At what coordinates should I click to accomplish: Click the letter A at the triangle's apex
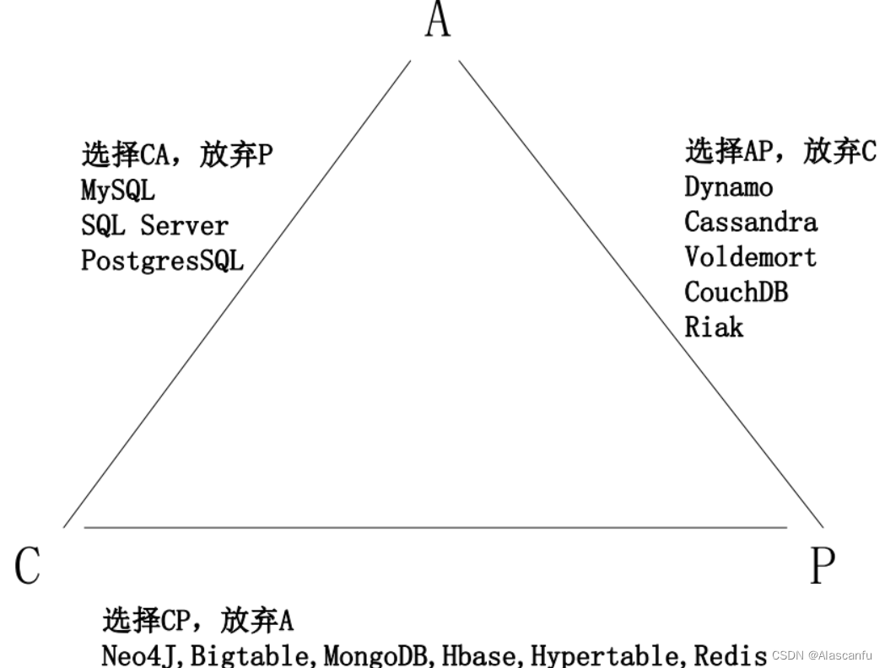[x=438, y=19]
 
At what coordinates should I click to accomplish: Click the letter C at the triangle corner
[x=28, y=565]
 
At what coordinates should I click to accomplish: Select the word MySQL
[x=118, y=191]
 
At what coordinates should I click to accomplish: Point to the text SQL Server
[x=154, y=226]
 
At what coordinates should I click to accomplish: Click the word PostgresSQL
[x=162, y=261]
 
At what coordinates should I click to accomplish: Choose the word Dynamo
[x=728, y=186]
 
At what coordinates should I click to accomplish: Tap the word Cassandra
[x=750, y=222]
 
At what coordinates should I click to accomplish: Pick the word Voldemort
[x=750, y=256]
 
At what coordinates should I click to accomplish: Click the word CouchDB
[x=736, y=292]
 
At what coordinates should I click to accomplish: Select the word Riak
[x=714, y=326]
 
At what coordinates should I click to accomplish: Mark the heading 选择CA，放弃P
[x=177, y=155]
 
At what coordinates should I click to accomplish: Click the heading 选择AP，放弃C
[x=780, y=152]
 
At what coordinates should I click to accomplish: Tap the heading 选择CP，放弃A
[x=197, y=622]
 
